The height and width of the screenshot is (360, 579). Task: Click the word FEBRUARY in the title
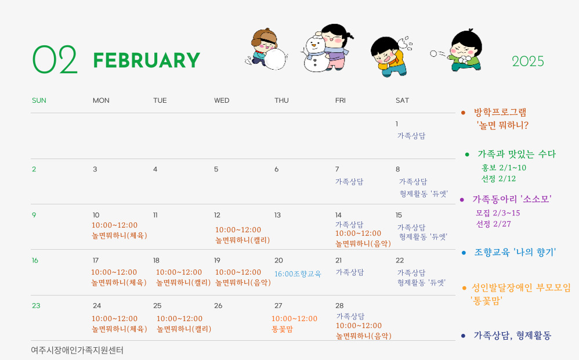coord(147,60)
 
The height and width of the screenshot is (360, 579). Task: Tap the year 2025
coord(528,62)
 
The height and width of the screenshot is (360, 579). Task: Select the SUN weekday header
coord(39,100)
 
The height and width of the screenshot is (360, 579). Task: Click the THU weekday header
coord(281,100)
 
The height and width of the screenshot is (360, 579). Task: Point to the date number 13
coord(277,215)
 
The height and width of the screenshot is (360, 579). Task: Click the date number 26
coord(218,305)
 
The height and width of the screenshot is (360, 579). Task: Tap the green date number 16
coord(35,261)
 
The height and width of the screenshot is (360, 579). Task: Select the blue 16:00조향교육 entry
coord(298,274)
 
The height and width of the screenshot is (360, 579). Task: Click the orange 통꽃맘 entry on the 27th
coord(282,329)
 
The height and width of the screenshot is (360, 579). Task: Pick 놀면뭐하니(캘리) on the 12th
coord(243,240)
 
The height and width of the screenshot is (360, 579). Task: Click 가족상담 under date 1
coord(411,136)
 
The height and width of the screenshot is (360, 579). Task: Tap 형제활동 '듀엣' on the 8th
coord(424,194)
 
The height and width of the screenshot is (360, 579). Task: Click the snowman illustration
coord(315,53)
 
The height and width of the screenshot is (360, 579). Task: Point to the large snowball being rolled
coord(275,59)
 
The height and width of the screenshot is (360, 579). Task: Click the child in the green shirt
coord(465,51)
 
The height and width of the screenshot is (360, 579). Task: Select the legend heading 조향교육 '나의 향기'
coord(515,253)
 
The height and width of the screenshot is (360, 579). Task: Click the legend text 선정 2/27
coord(494,224)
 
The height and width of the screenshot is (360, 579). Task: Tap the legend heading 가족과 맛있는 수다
coord(516,154)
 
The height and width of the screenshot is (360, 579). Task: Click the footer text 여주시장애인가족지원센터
coord(77,350)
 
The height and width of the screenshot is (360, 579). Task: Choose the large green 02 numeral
coord(55,59)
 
